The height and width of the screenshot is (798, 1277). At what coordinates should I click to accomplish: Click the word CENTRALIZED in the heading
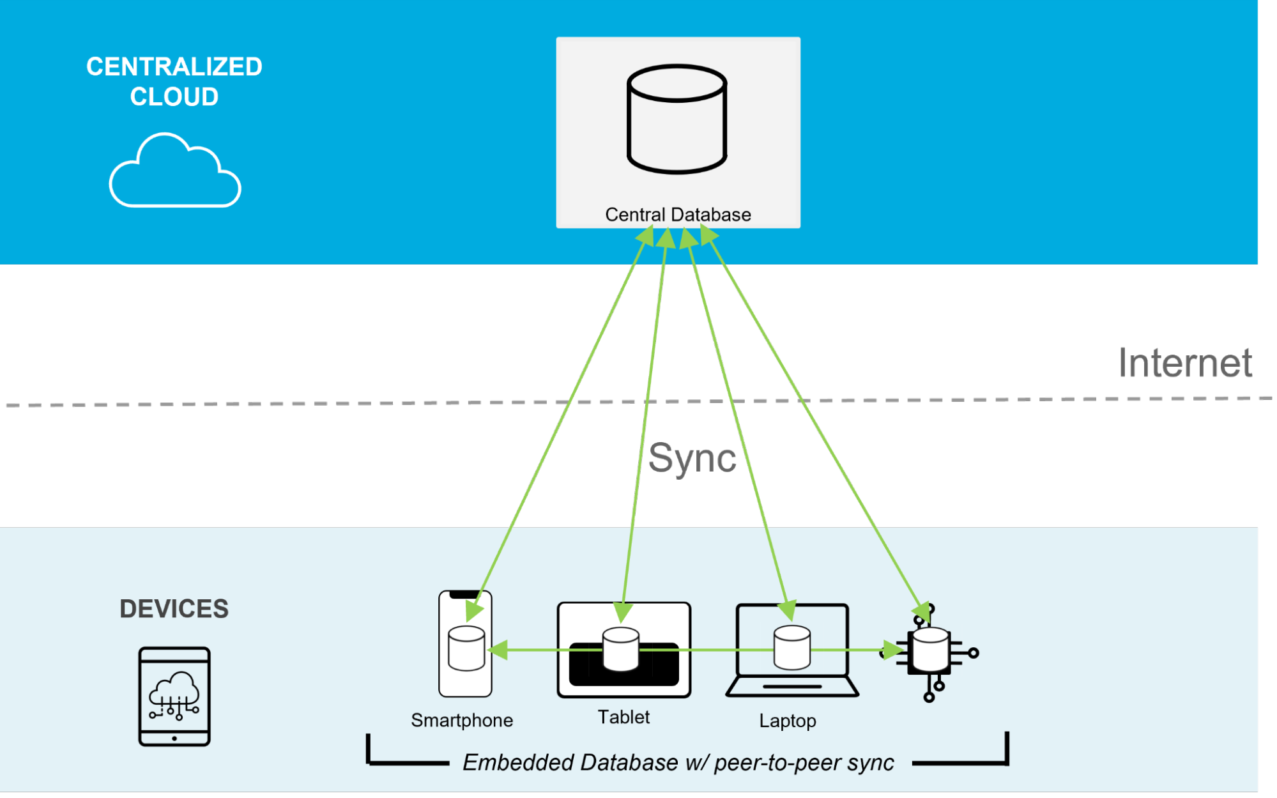tap(174, 66)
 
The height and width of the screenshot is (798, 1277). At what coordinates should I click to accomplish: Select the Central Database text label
tap(678, 215)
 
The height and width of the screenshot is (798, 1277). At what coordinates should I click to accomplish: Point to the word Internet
tap(1185, 363)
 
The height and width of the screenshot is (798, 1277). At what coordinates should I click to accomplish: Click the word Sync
tap(692, 457)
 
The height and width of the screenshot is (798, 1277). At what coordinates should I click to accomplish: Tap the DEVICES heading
tap(174, 608)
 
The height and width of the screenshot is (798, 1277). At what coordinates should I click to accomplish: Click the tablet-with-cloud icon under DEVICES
tap(174, 696)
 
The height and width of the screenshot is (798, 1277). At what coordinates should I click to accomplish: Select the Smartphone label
tap(462, 720)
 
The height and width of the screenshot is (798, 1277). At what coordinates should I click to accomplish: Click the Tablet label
tap(623, 717)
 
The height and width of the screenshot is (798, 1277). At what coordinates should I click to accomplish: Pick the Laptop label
tap(788, 721)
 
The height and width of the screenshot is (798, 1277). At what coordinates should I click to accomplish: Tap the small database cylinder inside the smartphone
tap(466, 648)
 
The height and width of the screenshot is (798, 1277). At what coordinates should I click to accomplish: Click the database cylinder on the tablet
tap(621, 649)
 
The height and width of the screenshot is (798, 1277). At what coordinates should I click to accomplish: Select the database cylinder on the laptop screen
tap(792, 647)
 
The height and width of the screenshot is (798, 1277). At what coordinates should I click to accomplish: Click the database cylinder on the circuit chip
tap(931, 650)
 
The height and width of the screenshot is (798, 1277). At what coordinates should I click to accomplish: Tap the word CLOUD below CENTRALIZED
tap(174, 96)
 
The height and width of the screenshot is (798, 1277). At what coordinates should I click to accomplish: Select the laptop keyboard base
tap(792, 687)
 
